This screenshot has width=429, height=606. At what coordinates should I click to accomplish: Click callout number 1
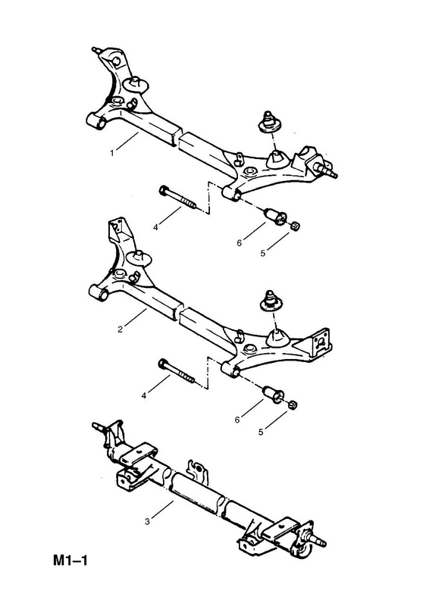click(111, 153)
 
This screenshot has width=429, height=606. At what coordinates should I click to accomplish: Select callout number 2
click(120, 330)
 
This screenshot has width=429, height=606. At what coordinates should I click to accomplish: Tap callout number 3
click(147, 522)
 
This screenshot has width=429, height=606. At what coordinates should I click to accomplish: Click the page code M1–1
click(70, 560)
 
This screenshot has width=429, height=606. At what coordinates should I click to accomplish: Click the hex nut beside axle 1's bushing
click(296, 224)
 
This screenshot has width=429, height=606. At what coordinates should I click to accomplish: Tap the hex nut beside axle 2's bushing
click(293, 405)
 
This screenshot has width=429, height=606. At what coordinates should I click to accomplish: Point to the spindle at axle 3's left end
click(99, 427)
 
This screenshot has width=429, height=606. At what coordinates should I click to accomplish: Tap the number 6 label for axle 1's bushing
click(239, 243)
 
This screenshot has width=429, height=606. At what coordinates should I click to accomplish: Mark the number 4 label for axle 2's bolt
click(144, 396)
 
